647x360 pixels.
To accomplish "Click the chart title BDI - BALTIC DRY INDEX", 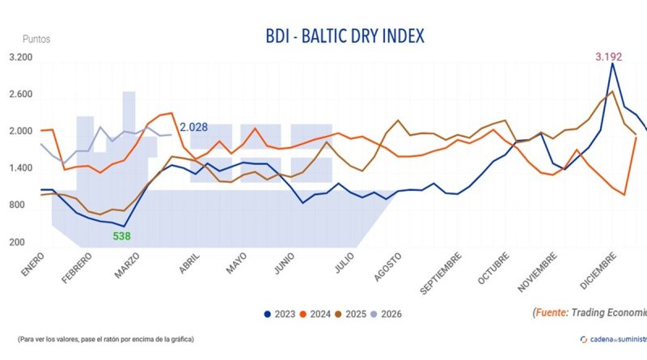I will [344, 36].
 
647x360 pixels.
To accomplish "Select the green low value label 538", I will [122, 236].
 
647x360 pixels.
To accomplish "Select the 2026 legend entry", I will [389, 314].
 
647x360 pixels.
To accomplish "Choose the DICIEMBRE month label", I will [587, 270].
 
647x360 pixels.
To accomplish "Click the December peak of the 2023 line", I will [612, 63].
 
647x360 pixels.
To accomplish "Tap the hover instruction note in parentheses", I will [106, 339].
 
